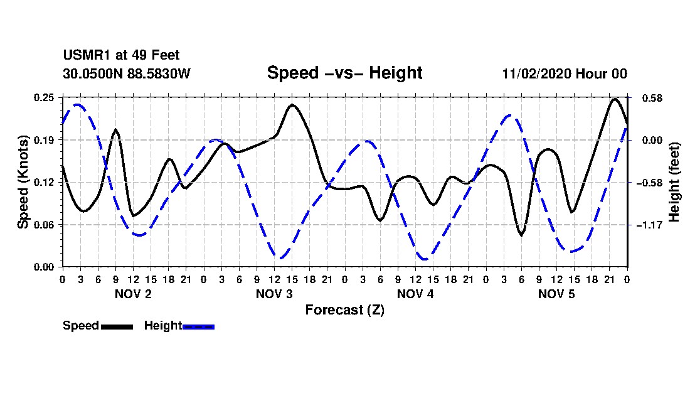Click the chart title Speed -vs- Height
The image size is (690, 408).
pyautogui.click(x=344, y=73)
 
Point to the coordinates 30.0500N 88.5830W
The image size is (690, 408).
pyautogui.click(x=126, y=73)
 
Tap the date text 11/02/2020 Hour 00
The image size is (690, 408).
pyautogui.click(x=564, y=73)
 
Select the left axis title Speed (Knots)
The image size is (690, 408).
pyautogui.click(x=23, y=181)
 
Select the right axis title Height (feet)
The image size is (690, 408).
pyautogui.click(x=674, y=181)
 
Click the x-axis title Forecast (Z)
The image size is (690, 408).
pyautogui.click(x=344, y=310)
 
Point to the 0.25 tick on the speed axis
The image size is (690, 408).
pyautogui.click(x=45, y=97)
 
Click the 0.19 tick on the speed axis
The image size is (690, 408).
pyautogui.click(x=45, y=140)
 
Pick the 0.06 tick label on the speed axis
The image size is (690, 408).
pyautogui.click(x=45, y=225)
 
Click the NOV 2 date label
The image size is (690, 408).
pyautogui.click(x=132, y=294)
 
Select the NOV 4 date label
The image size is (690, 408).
pyautogui.click(x=415, y=294)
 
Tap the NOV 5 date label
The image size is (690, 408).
pyautogui.click(x=556, y=294)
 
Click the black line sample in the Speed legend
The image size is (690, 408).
pyautogui.click(x=117, y=326)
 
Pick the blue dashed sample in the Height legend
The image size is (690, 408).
pyautogui.click(x=198, y=326)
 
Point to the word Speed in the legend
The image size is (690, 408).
pyautogui.click(x=81, y=326)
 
